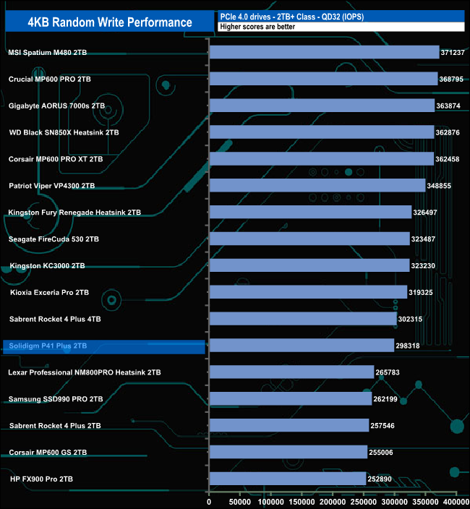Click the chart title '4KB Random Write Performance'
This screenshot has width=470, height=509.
click(x=110, y=22)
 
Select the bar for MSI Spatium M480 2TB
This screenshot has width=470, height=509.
click(x=324, y=52)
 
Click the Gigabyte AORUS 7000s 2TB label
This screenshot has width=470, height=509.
click(x=56, y=106)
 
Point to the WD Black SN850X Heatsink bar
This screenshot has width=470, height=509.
click(x=322, y=132)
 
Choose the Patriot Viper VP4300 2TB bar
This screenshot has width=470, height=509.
click(x=317, y=186)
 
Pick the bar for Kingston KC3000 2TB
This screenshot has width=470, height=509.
click(x=309, y=265)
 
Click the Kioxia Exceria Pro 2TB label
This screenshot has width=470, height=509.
click(x=49, y=292)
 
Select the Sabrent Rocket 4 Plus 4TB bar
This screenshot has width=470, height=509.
click(x=302, y=319)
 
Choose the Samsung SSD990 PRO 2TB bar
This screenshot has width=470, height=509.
click(x=290, y=399)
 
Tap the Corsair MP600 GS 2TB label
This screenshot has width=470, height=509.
click(x=48, y=453)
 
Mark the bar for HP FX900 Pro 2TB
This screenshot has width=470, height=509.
click(x=287, y=479)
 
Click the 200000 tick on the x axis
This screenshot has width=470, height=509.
click(x=333, y=501)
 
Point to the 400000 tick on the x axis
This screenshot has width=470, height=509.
click(x=456, y=501)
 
